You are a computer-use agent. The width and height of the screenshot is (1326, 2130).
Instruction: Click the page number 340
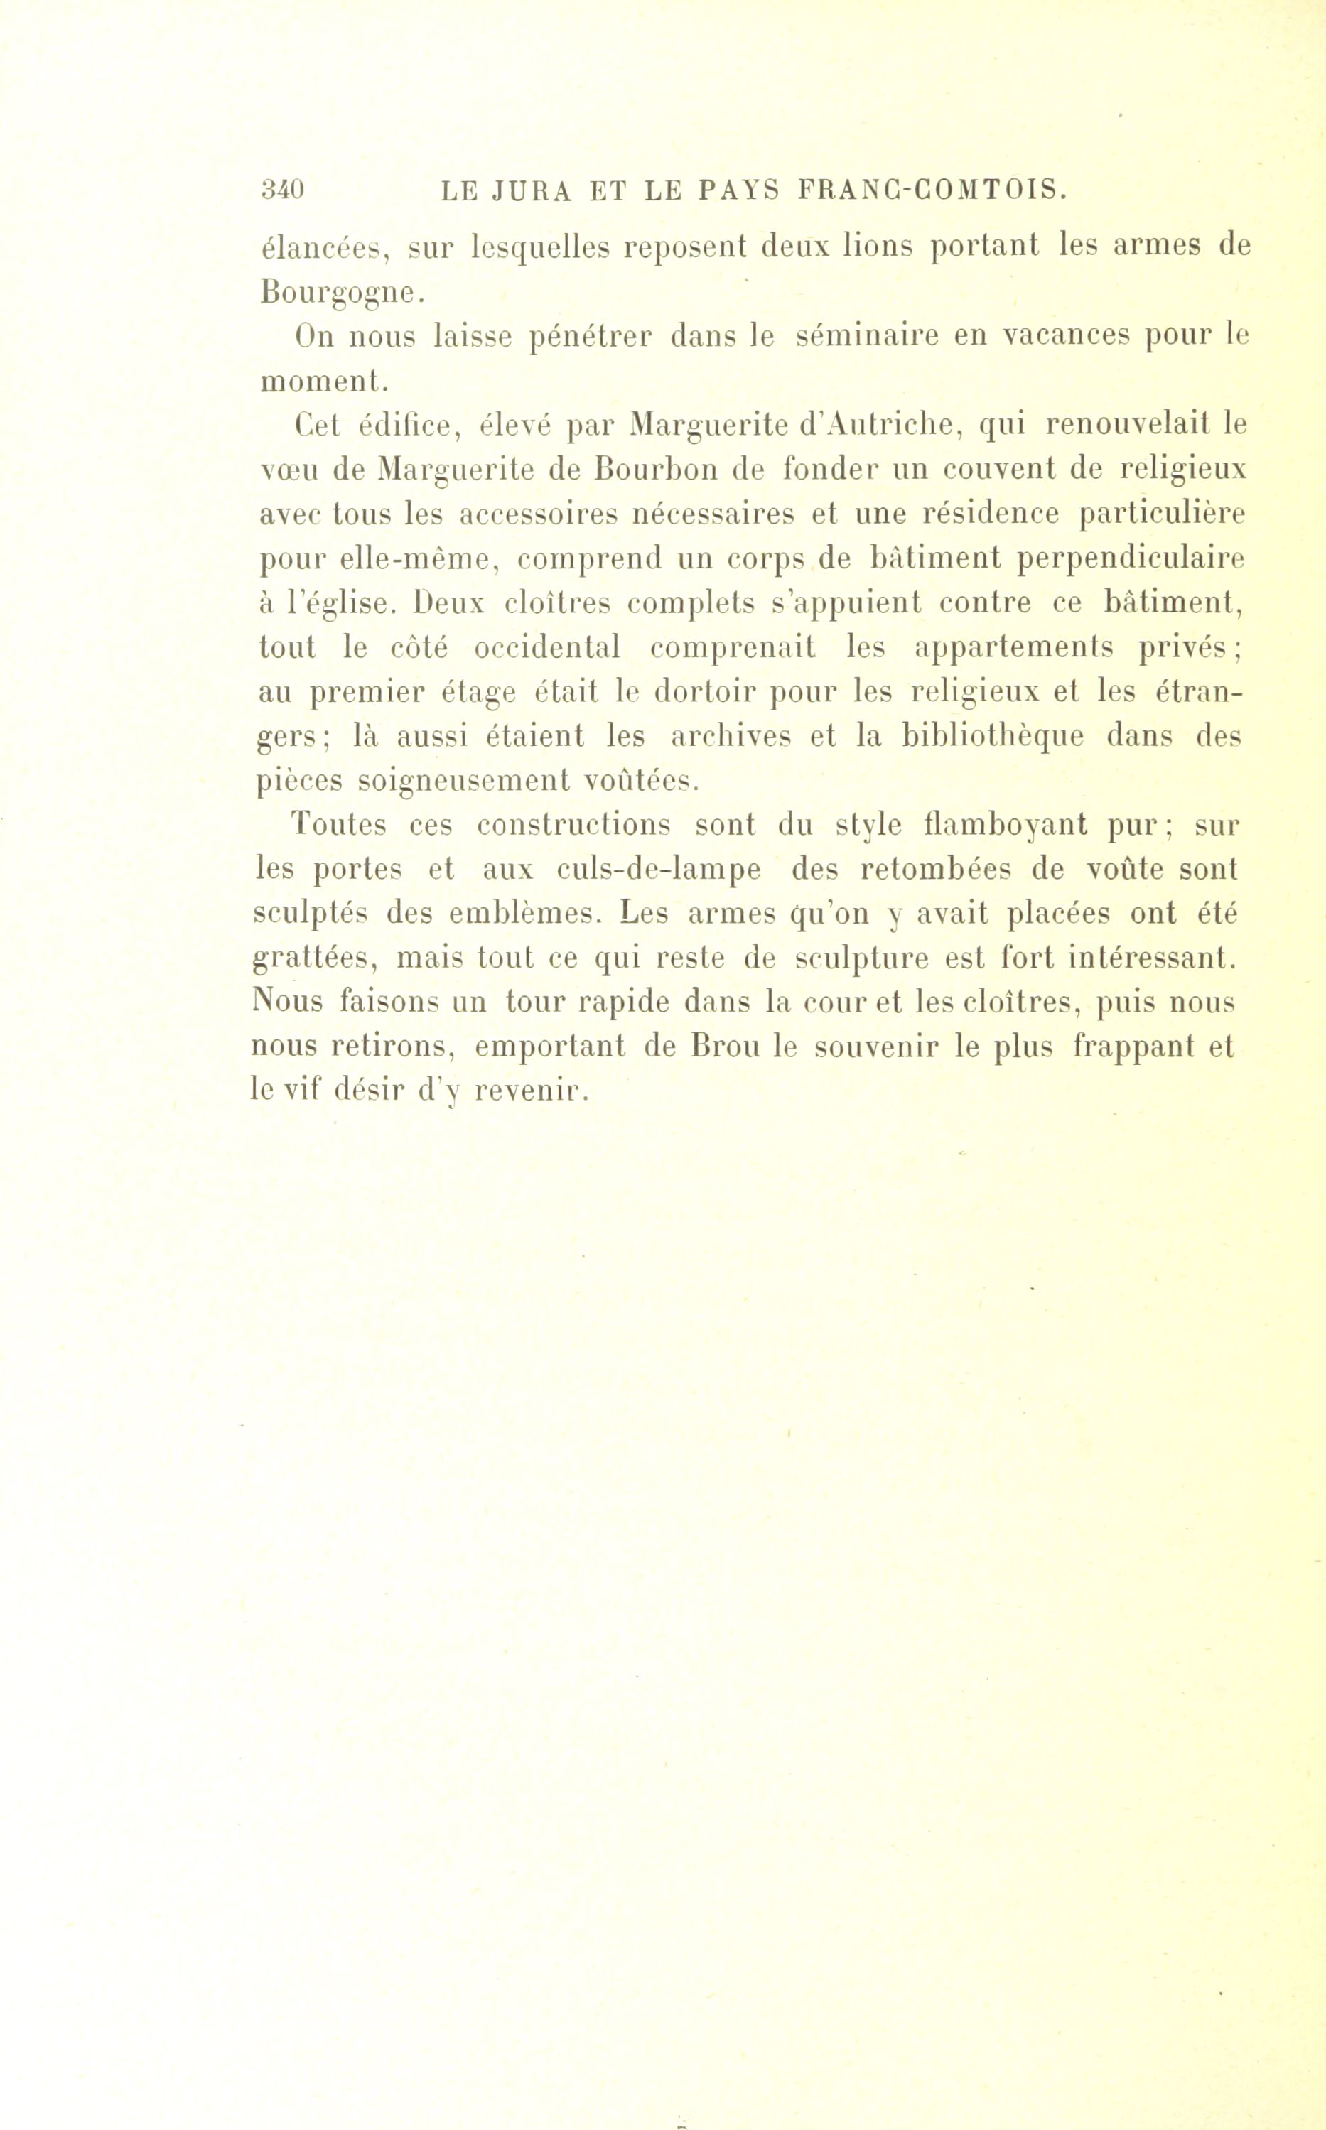(281, 190)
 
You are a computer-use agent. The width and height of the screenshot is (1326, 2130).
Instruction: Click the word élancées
(323, 247)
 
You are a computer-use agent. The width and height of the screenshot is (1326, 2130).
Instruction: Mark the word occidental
(546, 648)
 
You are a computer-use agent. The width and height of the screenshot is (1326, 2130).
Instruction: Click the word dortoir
(708, 693)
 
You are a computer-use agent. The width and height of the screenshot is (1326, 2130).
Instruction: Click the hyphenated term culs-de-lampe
(659, 870)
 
